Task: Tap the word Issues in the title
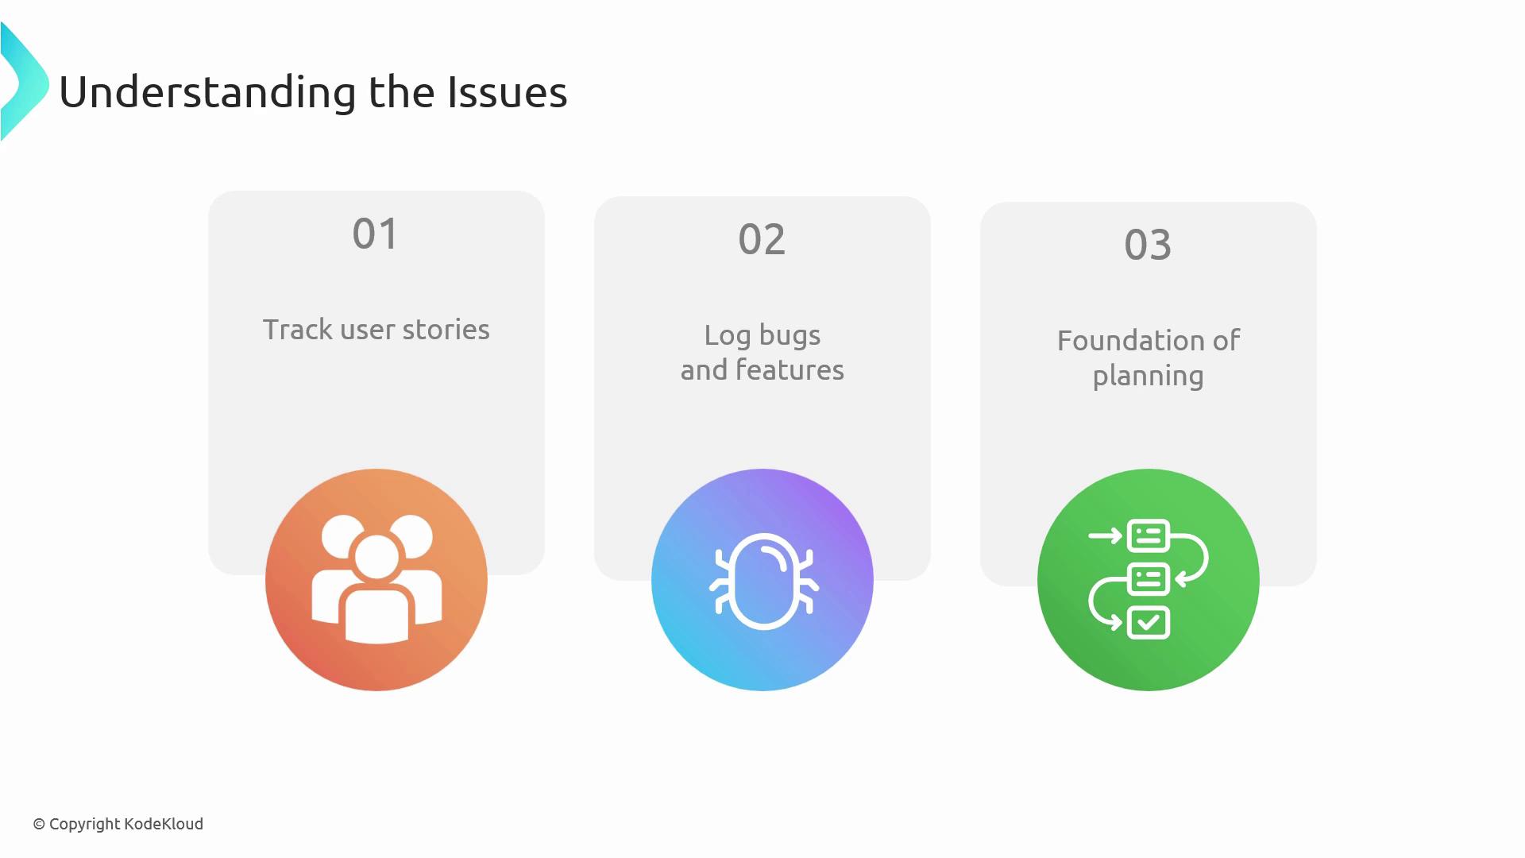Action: point(508,91)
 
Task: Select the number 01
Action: point(375,234)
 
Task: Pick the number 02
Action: point(762,239)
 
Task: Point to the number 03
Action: point(1148,245)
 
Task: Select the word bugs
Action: point(790,335)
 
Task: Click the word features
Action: point(790,369)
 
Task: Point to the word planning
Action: point(1148,377)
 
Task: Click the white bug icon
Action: point(763,582)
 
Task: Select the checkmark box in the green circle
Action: point(1149,623)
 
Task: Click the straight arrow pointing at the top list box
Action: point(1105,535)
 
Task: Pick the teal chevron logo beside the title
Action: point(24,82)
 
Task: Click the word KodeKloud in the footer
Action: point(163,824)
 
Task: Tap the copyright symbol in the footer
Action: point(39,825)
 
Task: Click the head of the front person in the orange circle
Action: point(376,557)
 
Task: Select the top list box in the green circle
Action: point(1149,535)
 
